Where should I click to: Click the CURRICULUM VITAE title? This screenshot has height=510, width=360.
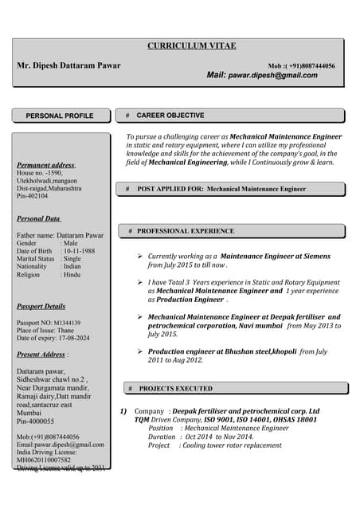[x=191, y=46]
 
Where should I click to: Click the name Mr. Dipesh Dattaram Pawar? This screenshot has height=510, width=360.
[x=69, y=65]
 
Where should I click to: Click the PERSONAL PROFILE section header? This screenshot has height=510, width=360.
[x=60, y=116]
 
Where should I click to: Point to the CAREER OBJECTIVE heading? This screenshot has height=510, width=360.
[x=170, y=116]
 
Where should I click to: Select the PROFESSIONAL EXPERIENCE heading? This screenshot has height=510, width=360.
[x=186, y=231]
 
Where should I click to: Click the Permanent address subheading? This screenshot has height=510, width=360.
[x=45, y=165]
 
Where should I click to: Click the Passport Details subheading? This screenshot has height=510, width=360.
[x=41, y=306]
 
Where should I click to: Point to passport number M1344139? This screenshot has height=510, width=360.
[x=82, y=323]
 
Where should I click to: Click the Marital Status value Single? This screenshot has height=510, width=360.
[x=72, y=259]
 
